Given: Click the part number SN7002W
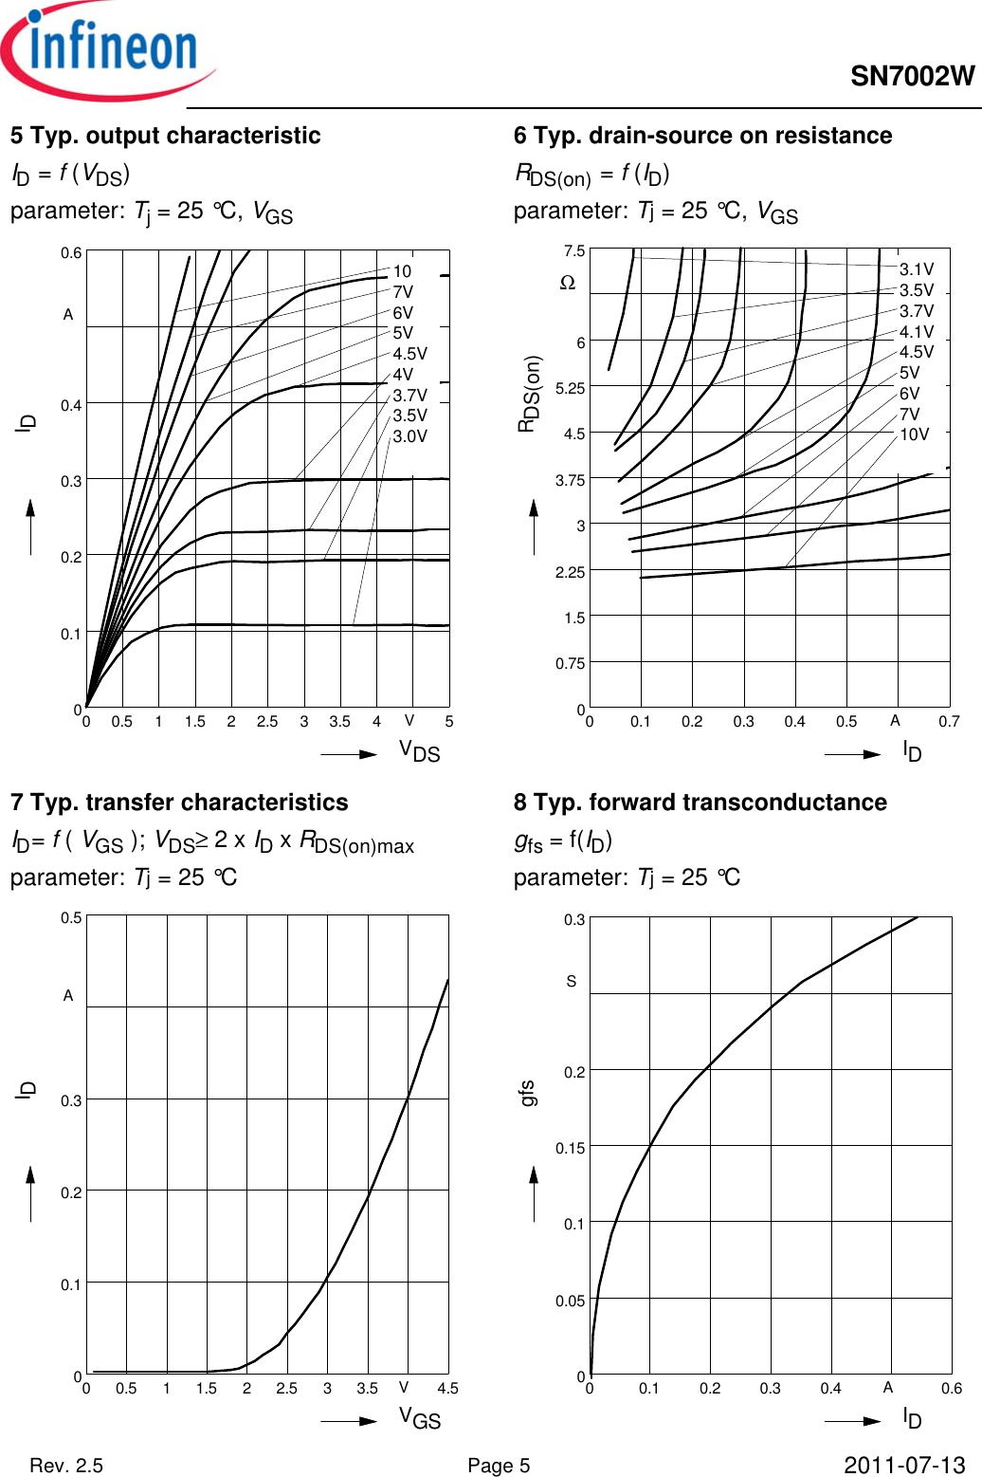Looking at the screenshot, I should [912, 77].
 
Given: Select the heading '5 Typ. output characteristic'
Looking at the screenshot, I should [166, 136].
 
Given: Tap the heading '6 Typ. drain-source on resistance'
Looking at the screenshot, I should [702, 136].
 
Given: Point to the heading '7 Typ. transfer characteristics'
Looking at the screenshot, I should [179, 803].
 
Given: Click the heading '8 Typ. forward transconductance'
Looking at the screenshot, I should [700, 803].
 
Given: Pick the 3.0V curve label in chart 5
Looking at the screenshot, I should [409, 436].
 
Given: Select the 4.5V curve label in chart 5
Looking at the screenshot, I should [409, 354].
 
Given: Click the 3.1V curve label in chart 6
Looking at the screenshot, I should [916, 270].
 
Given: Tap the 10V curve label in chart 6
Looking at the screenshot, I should [914, 434].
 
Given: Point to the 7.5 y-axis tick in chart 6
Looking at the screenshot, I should [574, 251].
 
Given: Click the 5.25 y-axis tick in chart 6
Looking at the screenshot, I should [570, 388].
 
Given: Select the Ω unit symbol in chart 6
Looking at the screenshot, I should [568, 283].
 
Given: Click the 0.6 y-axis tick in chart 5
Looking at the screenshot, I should [71, 253].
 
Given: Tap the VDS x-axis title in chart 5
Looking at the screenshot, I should [419, 752].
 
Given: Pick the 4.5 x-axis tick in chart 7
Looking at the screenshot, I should [447, 1388].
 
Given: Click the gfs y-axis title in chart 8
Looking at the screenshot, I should [528, 1093].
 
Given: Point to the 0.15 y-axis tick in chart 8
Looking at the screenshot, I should [570, 1148].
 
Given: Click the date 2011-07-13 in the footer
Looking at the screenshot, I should [903, 1466].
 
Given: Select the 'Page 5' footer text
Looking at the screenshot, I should [499, 1466].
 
